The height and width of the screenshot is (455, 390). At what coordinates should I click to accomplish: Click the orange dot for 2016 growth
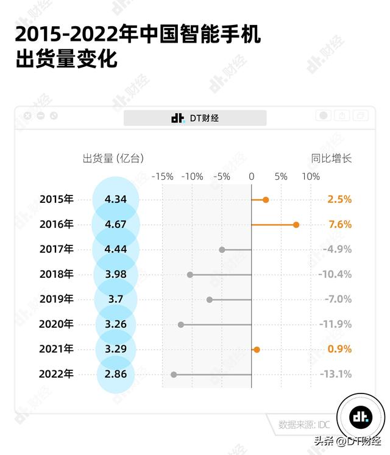coord(296,225)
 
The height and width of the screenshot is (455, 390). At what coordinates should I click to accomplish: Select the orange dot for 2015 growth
coord(266,200)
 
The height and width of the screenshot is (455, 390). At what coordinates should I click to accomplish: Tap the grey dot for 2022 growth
coord(174,375)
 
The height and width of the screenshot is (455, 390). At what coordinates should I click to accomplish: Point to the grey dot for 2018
coord(190,275)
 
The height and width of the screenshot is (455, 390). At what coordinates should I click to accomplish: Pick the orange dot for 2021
coord(257,350)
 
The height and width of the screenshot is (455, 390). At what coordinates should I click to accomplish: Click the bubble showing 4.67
coord(116,225)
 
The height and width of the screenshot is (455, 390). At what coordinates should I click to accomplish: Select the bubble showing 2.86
coord(116,375)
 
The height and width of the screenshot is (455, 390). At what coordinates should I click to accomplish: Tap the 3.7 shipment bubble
coord(116,300)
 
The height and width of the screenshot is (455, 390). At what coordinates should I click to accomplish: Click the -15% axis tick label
coord(162,177)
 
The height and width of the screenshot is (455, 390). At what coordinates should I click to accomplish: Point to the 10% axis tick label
coord(310,177)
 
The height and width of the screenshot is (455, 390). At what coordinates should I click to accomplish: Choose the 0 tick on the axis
coord(251,177)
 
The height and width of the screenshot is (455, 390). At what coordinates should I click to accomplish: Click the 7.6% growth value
coord(340,225)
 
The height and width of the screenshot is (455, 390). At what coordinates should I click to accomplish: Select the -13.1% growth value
coord(335,375)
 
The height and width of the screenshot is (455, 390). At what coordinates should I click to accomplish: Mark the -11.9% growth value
coord(335,325)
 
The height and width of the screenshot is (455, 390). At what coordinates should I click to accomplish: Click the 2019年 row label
coord(56,300)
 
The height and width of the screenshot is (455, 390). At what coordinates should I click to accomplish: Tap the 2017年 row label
coord(56,250)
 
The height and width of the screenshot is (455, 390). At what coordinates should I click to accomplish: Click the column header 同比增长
coord(331,158)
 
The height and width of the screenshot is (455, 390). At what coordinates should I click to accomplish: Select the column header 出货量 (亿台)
coord(113,158)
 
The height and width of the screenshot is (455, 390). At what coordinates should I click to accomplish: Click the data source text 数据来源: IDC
coord(304,425)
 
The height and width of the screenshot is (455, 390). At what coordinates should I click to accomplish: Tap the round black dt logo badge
coord(361,417)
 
